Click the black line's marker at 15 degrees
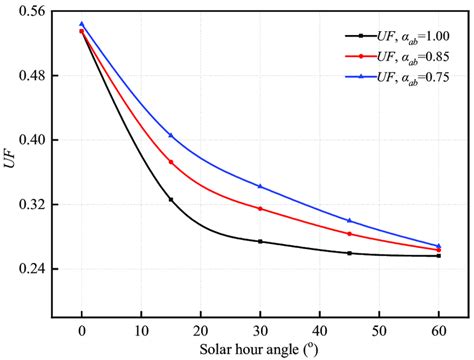pyautogui.click(x=171, y=199)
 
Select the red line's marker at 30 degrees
pyautogui.click(x=260, y=208)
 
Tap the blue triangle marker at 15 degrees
pyautogui.click(x=171, y=135)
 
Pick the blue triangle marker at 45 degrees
pyautogui.click(x=349, y=220)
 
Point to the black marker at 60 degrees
pyautogui.click(x=438, y=256)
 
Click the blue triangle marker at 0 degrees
pyautogui.click(x=82, y=24)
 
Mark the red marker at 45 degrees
pyautogui.click(x=349, y=233)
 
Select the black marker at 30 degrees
pyautogui.click(x=260, y=241)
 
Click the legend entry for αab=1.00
pyautogui.click(x=398, y=35)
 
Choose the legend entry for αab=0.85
pyautogui.click(x=398, y=56)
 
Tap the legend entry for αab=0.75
pyautogui.click(x=398, y=77)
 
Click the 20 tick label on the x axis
pyautogui.click(x=201, y=329)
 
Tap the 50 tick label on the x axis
pyautogui.click(x=379, y=329)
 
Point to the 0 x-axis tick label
pyautogui.click(x=82, y=329)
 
